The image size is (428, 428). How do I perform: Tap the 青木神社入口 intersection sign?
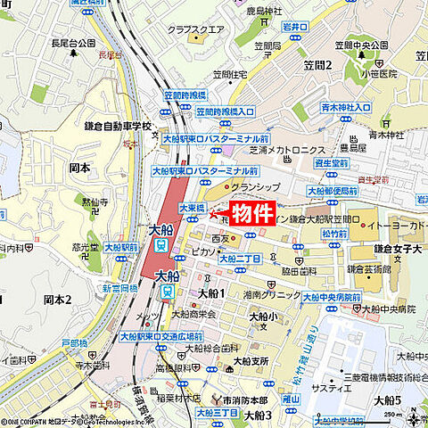(x=343, y=107)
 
